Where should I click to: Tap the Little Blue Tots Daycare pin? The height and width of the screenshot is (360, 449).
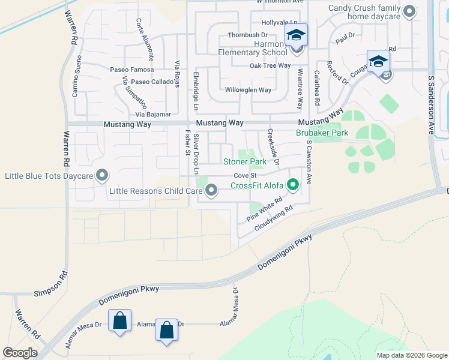click(103, 176)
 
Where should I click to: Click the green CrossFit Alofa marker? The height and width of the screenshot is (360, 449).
click(293, 185)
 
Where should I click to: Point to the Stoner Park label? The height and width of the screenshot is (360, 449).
click(245, 162)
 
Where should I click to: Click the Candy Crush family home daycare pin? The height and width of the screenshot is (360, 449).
click(409, 11)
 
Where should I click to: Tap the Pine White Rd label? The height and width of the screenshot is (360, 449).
click(265, 211)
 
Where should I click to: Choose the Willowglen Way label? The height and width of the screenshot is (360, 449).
click(248, 90)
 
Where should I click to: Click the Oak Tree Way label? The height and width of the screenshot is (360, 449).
click(270, 65)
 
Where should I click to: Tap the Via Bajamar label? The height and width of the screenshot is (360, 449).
click(153, 114)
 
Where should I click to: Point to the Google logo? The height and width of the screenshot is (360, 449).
click(20, 353)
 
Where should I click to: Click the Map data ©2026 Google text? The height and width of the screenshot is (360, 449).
click(412, 355)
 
